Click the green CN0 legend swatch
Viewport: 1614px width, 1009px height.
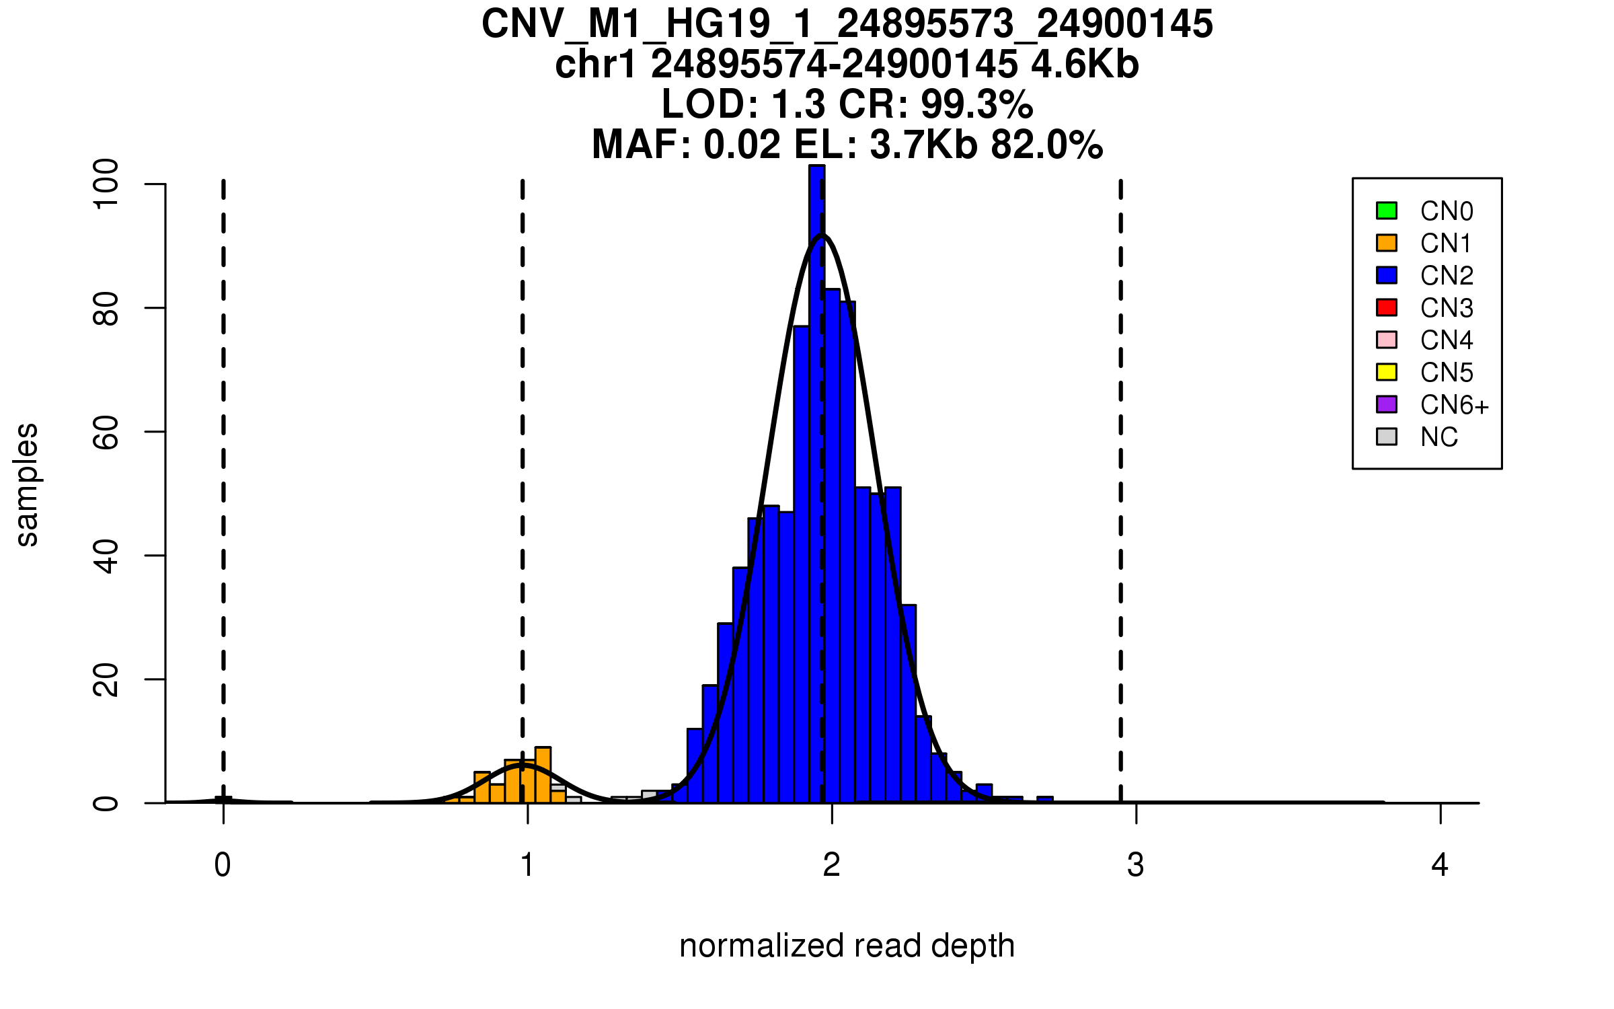pyautogui.click(x=1386, y=211)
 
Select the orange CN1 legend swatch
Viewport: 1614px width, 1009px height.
pyautogui.click(x=1386, y=243)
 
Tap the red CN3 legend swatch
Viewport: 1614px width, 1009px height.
pyautogui.click(x=1386, y=307)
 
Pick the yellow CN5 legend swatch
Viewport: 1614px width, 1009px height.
pyautogui.click(x=1386, y=372)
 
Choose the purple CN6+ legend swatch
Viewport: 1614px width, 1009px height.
pyautogui.click(x=1386, y=404)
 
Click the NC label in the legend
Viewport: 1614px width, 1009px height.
pyautogui.click(x=1438, y=437)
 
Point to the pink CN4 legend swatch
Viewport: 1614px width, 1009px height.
pyautogui.click(x=1386, y=340)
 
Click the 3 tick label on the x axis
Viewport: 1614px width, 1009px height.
pyautogui.click(x=1136, y=865)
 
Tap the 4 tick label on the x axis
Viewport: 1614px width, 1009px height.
pyautogui.click(x=1440, y=865)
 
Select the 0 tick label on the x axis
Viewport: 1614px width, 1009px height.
pyautogui.click(x=223, y=865)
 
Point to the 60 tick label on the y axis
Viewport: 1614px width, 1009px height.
pyautogui.click(x=106, y=432)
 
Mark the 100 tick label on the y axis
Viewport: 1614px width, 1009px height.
pyautogui.click(x=106, y=184)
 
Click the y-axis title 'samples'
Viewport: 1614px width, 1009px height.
pyautogui.click(x=27, y=484)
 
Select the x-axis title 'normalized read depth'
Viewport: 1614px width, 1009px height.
pyautogui.click(x=847, y=946)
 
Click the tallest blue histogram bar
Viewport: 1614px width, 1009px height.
pyautogui.click(x=816, y=484)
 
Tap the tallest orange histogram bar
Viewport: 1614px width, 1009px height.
pyautogui.click(x=543, y=775)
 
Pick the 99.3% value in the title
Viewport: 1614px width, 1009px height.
pyautogui.click(x=976, y=104)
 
